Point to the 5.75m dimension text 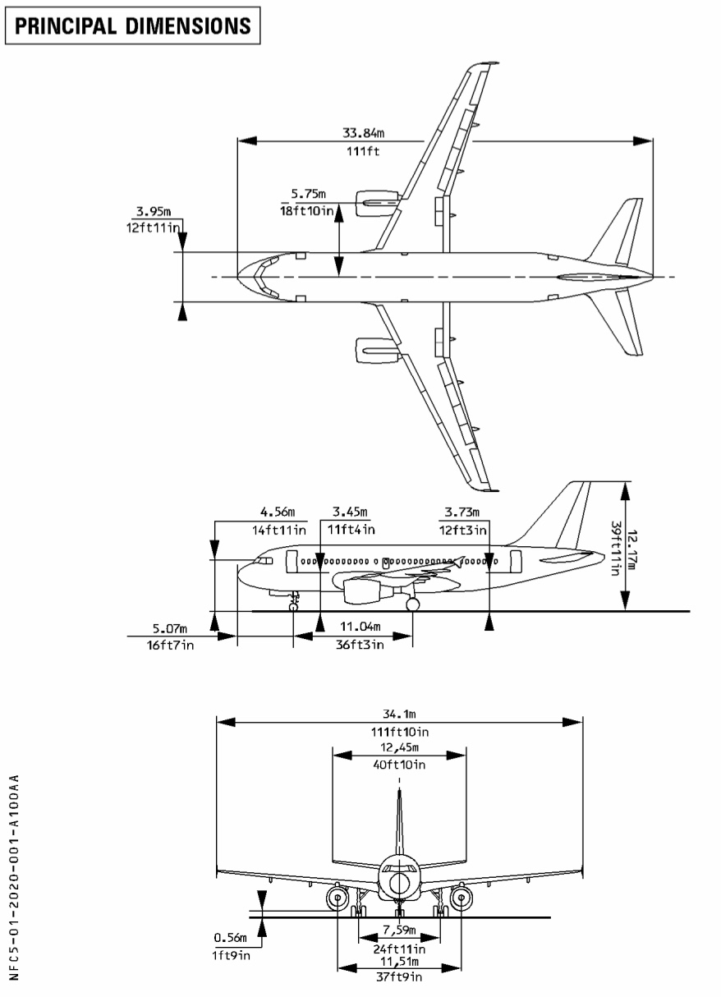point(308,194)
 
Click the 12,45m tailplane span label point(398,747)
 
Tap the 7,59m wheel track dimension point(400,930)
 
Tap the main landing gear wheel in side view point(412,604)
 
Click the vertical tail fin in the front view point(399,821)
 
